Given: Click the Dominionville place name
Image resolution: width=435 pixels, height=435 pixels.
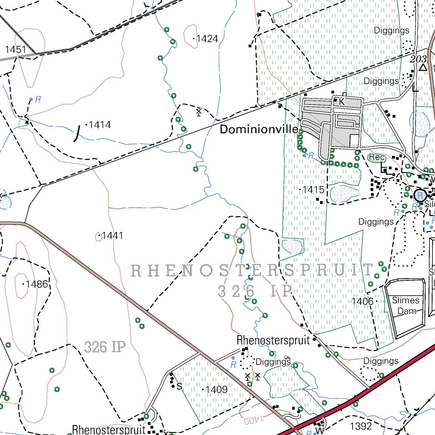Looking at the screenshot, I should (259, 130).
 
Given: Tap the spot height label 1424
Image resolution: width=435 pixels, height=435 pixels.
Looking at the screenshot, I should (207, 39).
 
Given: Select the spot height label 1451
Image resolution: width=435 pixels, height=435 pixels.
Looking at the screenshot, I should (16, 50).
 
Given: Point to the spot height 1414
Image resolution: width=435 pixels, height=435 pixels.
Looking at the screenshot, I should (100, 125).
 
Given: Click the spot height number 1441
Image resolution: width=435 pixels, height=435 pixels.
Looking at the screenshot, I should (112, 235).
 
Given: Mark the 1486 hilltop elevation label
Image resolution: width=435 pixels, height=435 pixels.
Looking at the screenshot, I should (37, 284).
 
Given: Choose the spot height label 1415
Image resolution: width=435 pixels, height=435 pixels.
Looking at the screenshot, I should (314, 189).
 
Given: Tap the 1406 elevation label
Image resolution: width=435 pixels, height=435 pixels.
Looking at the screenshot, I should (362, 302).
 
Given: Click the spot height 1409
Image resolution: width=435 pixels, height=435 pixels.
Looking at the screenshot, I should (217, 389).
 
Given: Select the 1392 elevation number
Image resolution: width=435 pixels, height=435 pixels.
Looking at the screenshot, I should (361, 426).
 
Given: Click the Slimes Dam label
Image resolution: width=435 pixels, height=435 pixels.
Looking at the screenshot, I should (406, 306).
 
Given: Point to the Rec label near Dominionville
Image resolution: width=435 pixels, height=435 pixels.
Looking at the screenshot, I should (376, 158).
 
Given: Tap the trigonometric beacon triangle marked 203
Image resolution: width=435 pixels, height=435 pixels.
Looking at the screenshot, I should (423, 68).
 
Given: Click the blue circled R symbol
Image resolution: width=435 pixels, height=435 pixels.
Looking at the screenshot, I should (420, 195).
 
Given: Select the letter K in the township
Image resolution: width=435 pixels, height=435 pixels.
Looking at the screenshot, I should (342, 102).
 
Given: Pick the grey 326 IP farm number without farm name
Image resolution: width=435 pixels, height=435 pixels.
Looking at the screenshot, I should (105, 347).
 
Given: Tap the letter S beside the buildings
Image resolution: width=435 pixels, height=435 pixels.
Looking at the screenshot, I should (179, 386).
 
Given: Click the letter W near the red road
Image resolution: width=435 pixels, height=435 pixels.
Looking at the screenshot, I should (320, 430).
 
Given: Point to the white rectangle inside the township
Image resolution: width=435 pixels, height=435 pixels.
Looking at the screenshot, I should (353, 141).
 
